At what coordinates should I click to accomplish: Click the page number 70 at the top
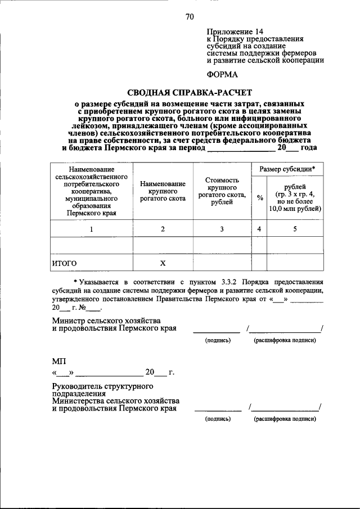190,17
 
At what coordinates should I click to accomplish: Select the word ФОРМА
222,74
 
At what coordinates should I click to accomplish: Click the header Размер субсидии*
287,169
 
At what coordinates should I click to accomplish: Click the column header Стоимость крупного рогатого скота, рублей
222,191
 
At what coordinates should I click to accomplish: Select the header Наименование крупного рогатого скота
163,191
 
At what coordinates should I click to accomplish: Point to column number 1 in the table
91,229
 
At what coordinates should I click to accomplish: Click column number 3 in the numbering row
222,229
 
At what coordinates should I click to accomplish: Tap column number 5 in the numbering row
295,229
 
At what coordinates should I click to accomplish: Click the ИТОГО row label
65,263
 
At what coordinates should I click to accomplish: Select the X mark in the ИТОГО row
163,263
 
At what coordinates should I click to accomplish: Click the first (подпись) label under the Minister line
218,340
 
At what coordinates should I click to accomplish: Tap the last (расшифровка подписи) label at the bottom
284,419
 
